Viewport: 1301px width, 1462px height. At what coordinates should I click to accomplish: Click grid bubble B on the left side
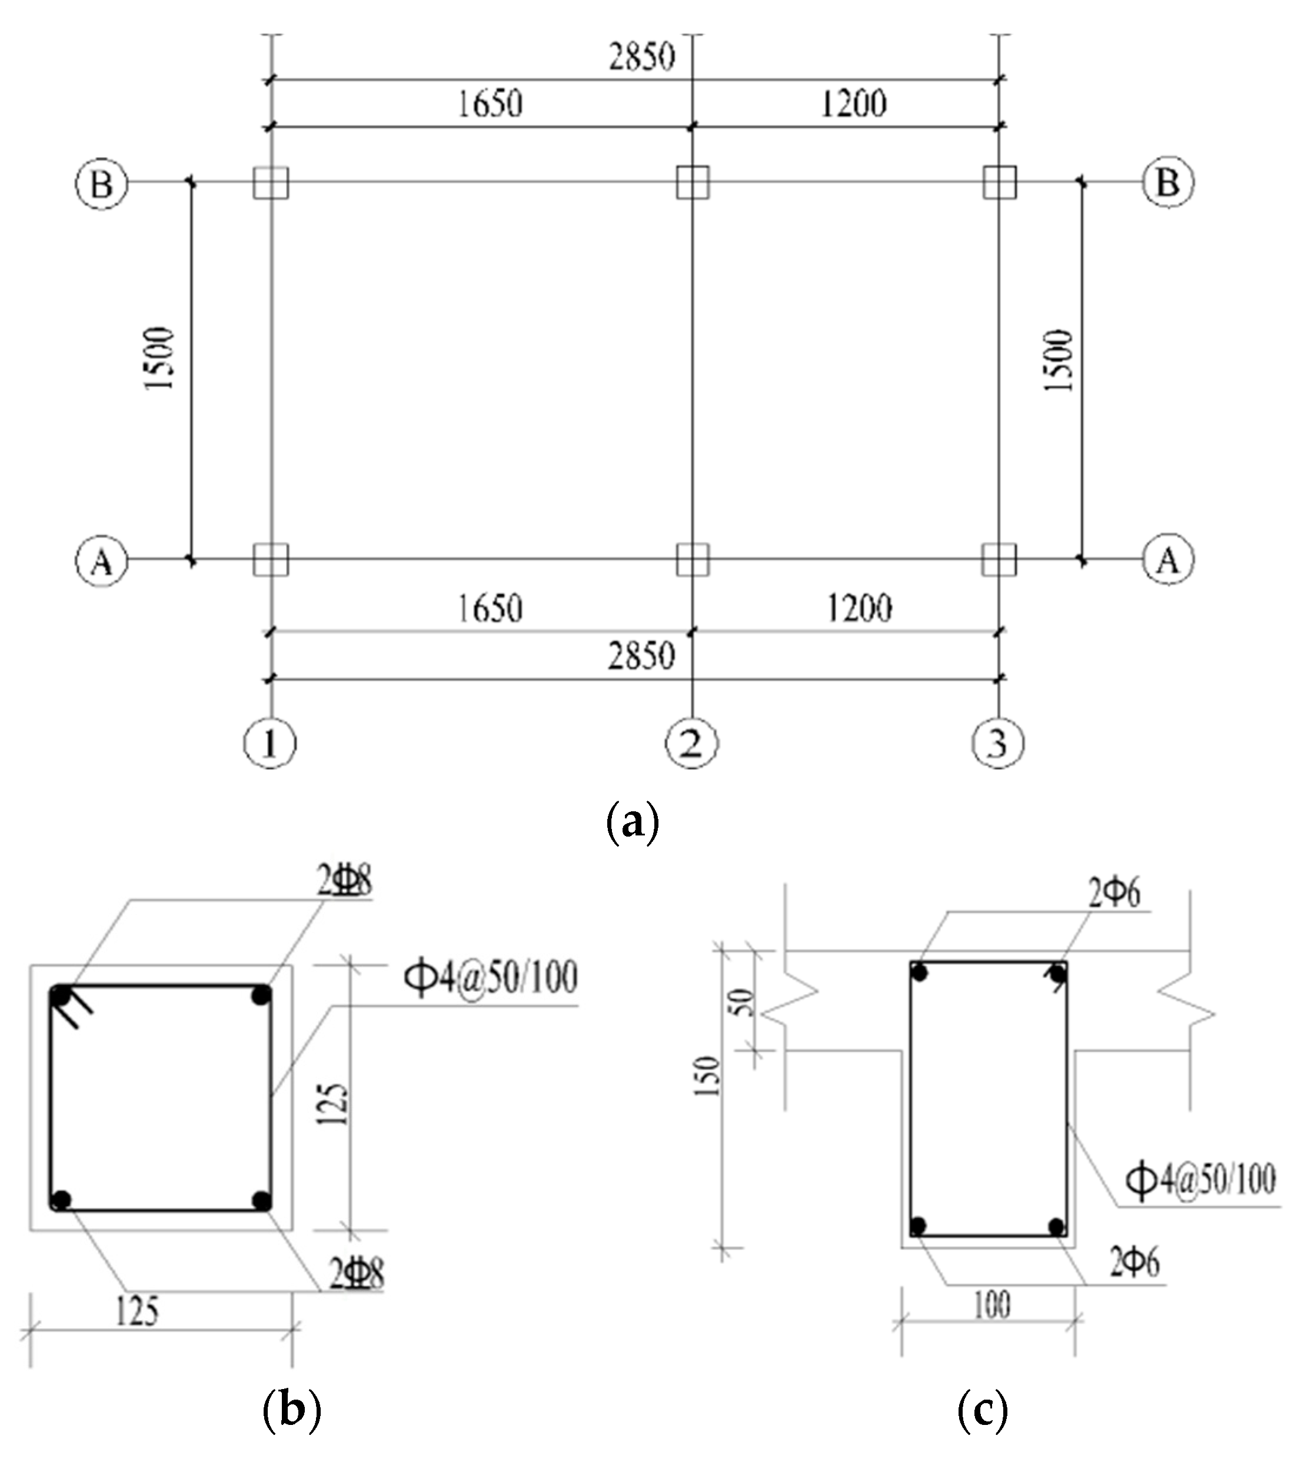coord(102,183)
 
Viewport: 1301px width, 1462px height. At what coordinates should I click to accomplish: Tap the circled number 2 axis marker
coord(691,743)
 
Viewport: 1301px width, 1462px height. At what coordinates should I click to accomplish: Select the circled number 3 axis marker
coord(998,743)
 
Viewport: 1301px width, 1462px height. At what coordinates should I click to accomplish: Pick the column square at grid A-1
coord(270,560)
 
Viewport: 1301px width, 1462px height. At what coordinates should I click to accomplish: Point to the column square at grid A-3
coord(999,560)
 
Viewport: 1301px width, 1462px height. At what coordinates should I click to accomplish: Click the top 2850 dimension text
coord(641,56)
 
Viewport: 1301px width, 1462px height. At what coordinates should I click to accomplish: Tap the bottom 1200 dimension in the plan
coord(859,609)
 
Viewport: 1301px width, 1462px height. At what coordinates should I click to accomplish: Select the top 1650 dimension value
coord(490,104)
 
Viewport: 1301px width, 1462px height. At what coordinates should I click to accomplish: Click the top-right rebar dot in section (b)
coord(261,995)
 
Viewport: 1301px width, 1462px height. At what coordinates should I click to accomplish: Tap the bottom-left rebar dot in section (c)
coord(919,1227)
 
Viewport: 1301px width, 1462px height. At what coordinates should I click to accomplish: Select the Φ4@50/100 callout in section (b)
coord(491,978)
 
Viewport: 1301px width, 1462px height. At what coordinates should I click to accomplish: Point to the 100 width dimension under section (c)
coord(992,1306)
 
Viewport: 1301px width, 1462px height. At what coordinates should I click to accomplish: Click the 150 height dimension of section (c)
coord(707,1077)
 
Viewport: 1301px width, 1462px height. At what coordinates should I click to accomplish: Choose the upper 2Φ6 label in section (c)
coord(1114,893)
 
